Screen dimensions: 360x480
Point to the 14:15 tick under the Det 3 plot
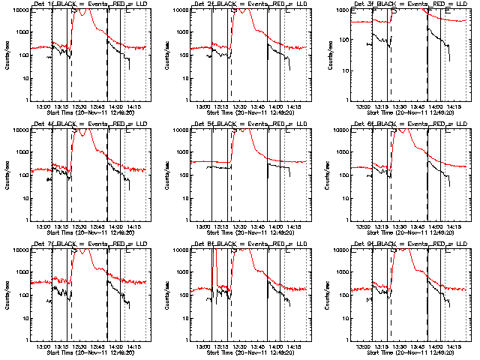pos(453,106)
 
